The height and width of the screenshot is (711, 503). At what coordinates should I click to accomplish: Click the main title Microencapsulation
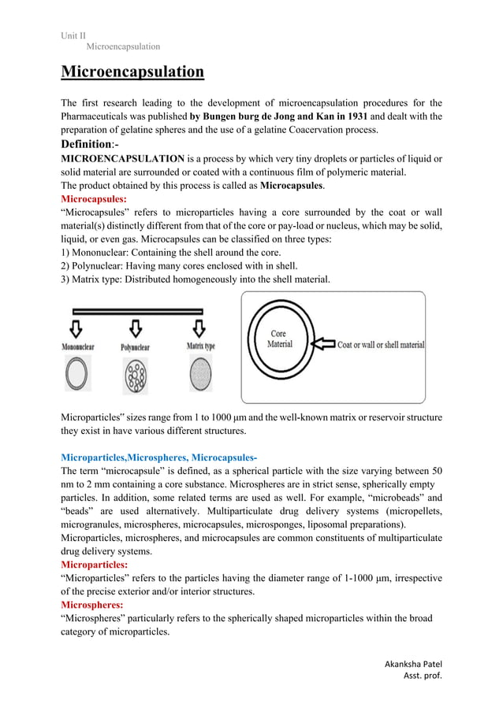tap(132, 73)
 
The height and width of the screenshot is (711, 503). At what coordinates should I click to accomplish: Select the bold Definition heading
tap(93, 144)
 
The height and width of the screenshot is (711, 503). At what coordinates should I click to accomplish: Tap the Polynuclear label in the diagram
tap(136, 346)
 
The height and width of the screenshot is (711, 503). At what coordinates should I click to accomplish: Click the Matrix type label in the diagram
tap(200, 346)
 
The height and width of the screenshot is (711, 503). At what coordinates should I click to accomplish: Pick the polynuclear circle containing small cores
tap(136, 376)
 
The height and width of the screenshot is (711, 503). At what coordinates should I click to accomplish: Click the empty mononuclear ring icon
tap(77, 375)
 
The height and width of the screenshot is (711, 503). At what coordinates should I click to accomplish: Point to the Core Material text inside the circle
tap(280, 339)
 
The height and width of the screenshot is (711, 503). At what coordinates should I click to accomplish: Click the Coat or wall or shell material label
tap(381, 345)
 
